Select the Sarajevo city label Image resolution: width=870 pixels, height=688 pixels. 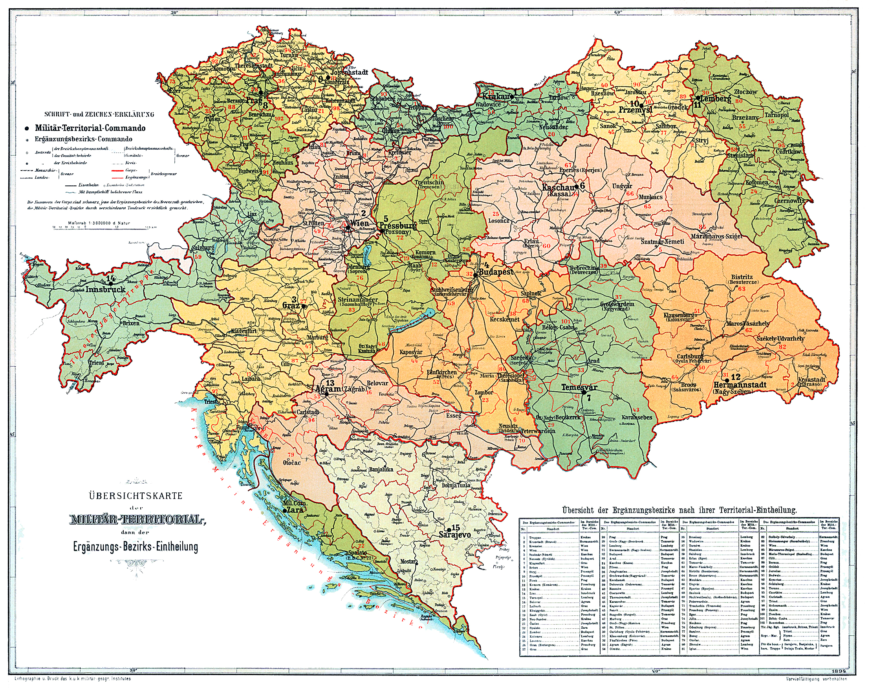pos(454,535)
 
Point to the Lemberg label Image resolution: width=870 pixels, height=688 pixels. pos(716,98)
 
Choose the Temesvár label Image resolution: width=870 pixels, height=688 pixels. pos(579,387)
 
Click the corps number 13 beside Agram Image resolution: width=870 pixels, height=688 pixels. pos(330,383)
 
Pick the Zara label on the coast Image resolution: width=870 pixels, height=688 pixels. pos(295,510)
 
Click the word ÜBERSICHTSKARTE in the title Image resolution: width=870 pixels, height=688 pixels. pos(136,496)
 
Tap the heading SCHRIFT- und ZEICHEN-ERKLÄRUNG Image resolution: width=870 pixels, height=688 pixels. pos(99,114)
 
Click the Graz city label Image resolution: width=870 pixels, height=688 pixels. pos(290,306)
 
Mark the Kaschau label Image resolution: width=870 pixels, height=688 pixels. pos(557,188)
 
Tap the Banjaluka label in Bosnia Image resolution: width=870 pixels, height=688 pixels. pos(381,469)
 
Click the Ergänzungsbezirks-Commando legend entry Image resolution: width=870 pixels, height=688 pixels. pos(84,139)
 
